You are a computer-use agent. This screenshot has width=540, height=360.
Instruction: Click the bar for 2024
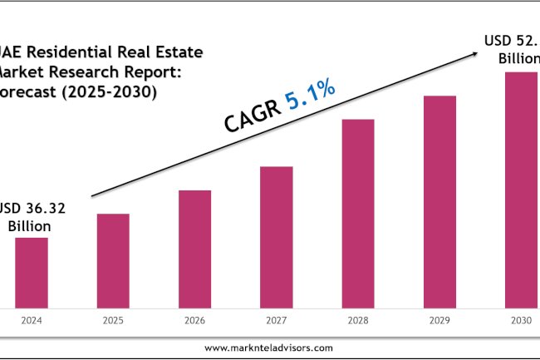tap(32, 273)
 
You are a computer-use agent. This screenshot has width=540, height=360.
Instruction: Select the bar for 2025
tap(113, 261)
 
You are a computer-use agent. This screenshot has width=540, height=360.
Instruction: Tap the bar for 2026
tap(194, 249)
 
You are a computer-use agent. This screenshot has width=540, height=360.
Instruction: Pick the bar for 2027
tap(276, 237)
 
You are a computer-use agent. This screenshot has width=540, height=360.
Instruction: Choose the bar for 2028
tap(357, 214)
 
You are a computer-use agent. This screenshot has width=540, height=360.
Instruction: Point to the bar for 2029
tap(439, 202)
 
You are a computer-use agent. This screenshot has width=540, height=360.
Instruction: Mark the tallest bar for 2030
tap(521, 190)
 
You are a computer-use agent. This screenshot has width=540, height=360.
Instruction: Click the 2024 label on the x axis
tap(32, 320)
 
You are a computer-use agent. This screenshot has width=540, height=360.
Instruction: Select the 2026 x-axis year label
tap(194, 320)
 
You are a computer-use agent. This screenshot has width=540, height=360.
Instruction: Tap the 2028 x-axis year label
tap(357, 320)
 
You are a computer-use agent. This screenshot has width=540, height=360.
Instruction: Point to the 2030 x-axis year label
tap(521, 320)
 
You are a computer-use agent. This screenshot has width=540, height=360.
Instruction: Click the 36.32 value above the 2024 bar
tap(39, 208)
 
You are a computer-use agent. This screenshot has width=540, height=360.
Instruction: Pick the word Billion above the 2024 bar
tap(29, 225)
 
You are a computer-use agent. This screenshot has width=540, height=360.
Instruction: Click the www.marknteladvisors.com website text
tap(269, 348)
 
